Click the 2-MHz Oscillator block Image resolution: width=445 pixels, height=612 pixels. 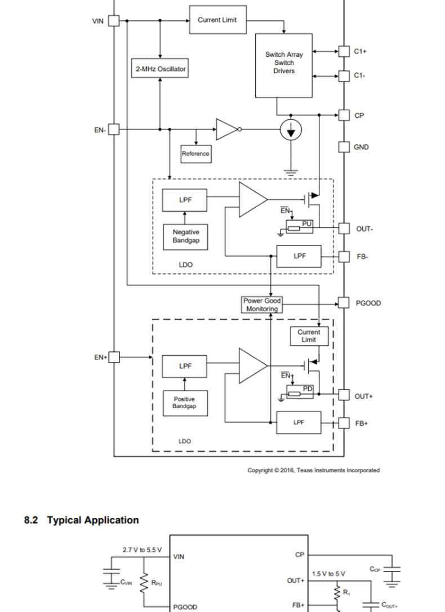coord(160,69)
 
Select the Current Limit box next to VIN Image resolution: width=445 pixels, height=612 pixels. coord(217,20)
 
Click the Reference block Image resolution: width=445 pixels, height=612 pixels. coord(195,154)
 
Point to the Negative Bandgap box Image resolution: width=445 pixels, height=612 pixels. coord(185,236)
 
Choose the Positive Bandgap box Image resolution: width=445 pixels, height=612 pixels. coord(184,403)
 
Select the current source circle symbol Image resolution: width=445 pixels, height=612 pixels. coord(291,130)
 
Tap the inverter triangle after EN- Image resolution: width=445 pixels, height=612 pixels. coord(226,129)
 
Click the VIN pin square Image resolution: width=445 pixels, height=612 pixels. coord(113,21)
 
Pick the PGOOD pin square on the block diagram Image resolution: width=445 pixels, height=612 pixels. coord(344,303)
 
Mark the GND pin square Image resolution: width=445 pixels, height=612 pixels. coord(344,147)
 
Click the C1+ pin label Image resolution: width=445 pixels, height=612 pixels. coord(361,51)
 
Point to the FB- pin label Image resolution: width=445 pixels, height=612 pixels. coord(362,257)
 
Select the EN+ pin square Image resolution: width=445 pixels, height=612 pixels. coord(114,357)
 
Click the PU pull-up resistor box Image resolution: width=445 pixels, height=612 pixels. coord(300,227)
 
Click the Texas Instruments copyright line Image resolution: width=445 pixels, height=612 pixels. coord(313,470)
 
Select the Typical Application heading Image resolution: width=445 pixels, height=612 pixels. coord(82,520)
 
